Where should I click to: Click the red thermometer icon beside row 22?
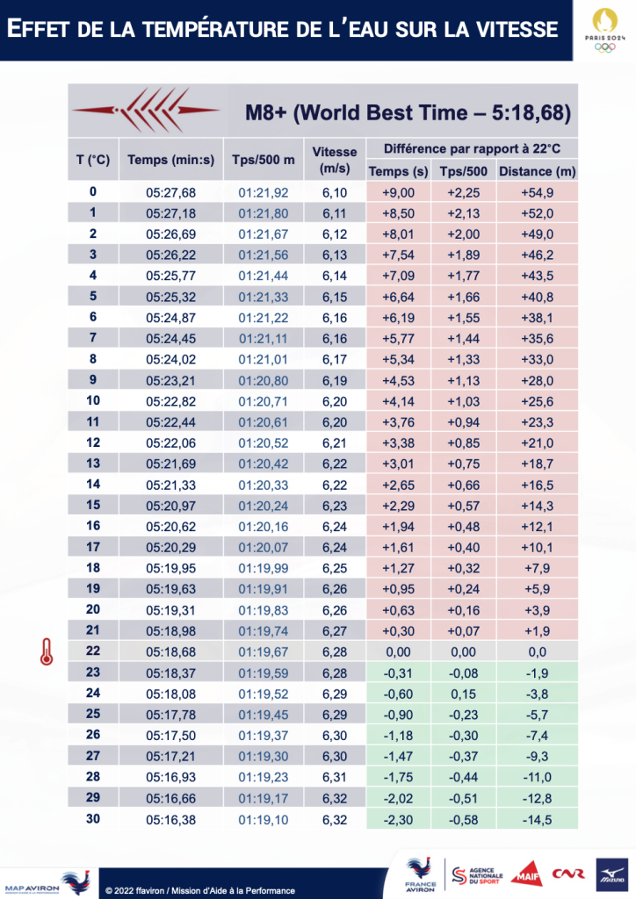42,651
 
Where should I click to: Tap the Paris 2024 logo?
603,30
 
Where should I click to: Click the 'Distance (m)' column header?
537,171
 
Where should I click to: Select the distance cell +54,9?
537,192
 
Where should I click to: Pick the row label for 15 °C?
93,505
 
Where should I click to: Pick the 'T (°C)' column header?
93,160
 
